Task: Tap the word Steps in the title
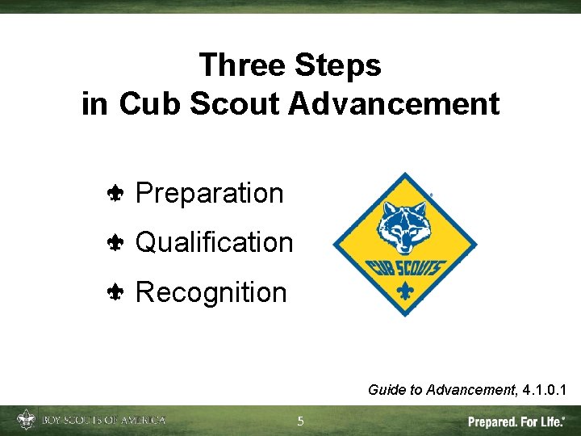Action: click(337, 65)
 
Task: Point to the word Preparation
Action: click(210, 194)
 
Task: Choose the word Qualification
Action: click(214, 242)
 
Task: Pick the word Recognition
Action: click(211, 291)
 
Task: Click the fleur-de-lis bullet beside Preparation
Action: click(115, 194)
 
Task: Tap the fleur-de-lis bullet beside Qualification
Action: click(115, 243)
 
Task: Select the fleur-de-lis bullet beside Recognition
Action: click(115, 292)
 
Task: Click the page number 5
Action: click(300, 421)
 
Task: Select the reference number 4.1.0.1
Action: click(544, 390)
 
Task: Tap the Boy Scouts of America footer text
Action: click(102, 420)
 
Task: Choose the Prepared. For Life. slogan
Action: click(516, 421)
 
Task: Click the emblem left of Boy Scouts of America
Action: click(27, 420)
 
